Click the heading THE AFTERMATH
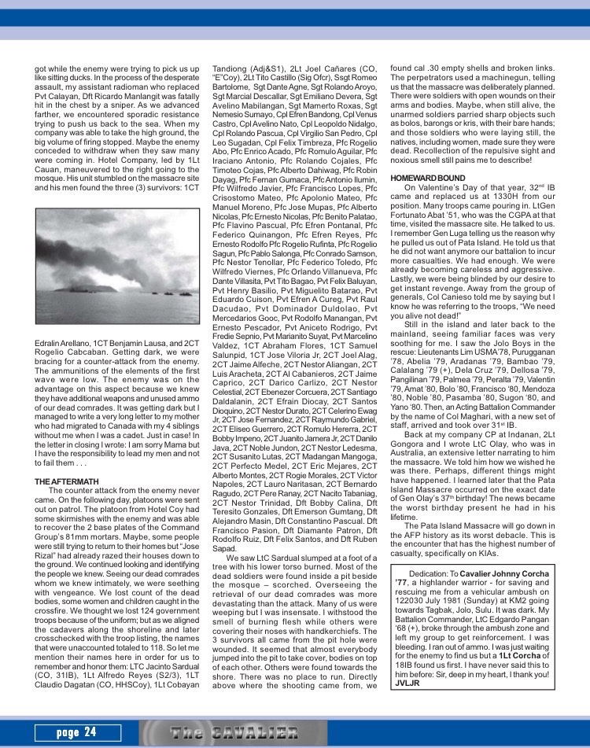tap(65, 481)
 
